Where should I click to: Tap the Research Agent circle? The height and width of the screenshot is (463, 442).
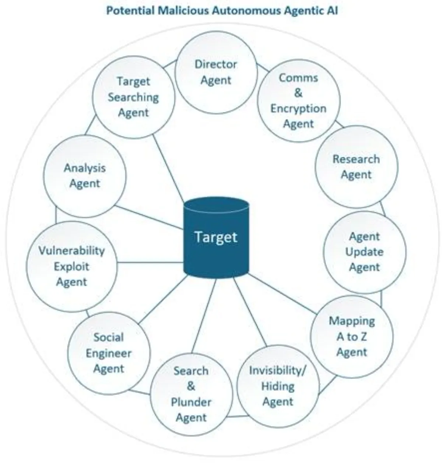pos(356,167)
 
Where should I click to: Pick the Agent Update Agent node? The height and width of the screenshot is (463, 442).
pos(365,252)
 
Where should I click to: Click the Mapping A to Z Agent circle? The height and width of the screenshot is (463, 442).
pos(352,336)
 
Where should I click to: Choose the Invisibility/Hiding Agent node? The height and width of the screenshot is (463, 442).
pos(278,386)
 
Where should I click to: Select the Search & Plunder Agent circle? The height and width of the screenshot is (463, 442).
pos(191,394)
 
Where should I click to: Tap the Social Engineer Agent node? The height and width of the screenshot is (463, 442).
pos(109,353)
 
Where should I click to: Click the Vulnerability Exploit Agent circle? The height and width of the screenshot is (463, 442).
pos(71,266)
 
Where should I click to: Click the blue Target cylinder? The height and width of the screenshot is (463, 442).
pos(216,237)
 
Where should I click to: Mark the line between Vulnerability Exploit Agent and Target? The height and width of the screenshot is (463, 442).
pos(150,263)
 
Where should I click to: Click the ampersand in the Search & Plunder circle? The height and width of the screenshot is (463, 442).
pos(191,386)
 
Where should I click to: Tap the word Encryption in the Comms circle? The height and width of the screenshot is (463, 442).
pos(298,109)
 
